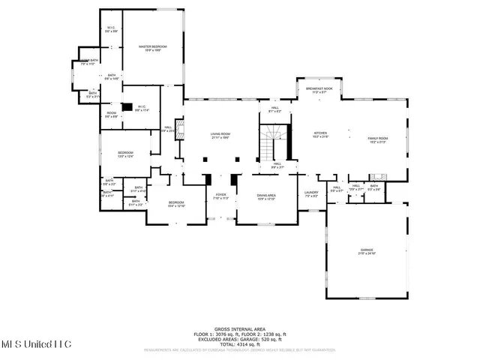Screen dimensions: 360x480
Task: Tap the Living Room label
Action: pos(220,136)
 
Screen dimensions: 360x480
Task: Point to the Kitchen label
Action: pos(321,136)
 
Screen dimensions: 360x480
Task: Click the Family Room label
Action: pos(378,139)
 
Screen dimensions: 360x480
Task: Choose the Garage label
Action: pos(367,252)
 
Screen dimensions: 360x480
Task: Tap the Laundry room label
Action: pos(311,194)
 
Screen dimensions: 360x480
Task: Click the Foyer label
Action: pos(220,197)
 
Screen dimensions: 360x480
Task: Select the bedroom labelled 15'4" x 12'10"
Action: pos(176,204)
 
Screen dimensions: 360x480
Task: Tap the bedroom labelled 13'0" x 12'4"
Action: pos(125,154)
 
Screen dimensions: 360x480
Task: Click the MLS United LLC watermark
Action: pos(35,343)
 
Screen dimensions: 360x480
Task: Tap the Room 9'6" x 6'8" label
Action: pos(111,115)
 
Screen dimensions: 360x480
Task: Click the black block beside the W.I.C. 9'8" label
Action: pos(127,107)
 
